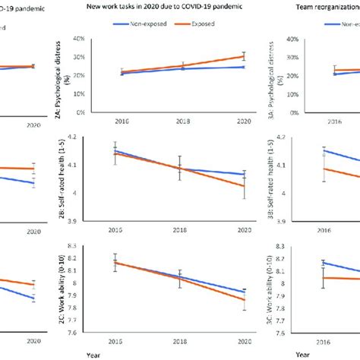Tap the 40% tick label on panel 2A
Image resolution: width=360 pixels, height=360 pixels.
pos(96,38)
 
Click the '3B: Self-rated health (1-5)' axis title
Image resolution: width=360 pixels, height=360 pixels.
pos(283,182)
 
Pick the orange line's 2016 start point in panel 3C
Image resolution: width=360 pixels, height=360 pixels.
pos(324,277)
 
